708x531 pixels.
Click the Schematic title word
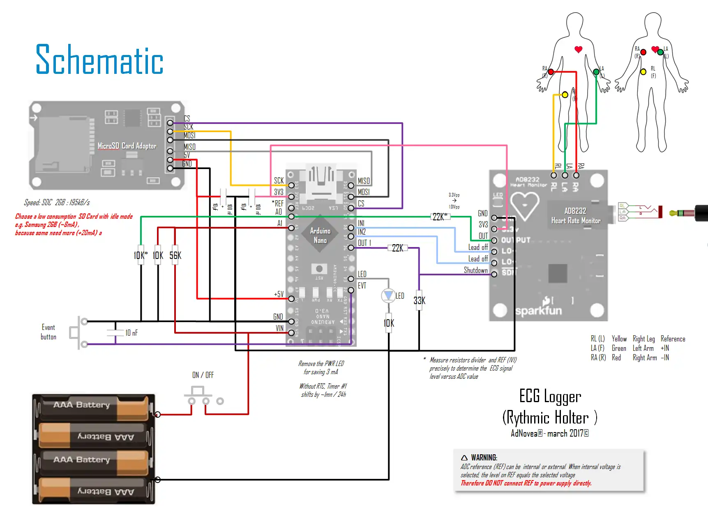click(99, 60)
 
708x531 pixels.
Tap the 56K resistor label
click(175, 256)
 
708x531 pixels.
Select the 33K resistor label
click(420, 301)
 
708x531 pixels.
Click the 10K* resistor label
click(141, 256)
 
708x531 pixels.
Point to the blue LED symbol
click(388, 295)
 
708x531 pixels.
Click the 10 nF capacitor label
click(131, 333)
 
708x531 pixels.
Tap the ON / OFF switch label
click(203, 375)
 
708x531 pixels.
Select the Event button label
click(48, 332)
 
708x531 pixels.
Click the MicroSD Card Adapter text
click(127, 146)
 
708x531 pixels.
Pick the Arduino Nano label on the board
click(320, 236)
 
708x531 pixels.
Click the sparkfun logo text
click(538, 311)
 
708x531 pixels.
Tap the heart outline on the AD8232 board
click(525, 206)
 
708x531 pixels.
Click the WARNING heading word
click(484, 458)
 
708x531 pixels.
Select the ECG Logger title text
click(550, 396)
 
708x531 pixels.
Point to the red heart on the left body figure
click(578, 50)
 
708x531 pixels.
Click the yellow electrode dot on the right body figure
click(643, 72)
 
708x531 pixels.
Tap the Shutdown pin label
click(476, 270)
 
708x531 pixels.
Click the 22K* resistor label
click(440, 217)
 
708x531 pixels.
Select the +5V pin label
click(279, 294)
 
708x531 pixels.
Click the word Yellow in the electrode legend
click(619, 339)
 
